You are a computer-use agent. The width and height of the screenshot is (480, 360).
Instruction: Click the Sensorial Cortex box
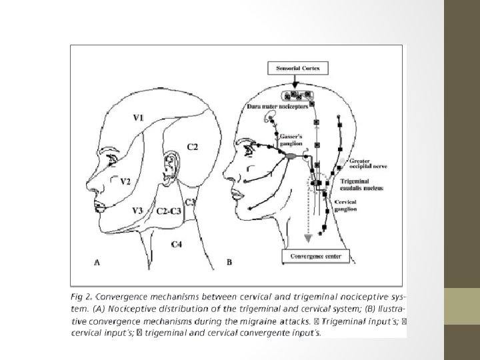pyautogui.click(x=294, y=67)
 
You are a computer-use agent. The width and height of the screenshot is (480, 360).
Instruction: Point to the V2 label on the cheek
pyautogui.click(x=125, y=181)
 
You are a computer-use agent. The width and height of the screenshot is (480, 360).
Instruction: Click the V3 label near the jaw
pyautogui.click(x=138, y=211)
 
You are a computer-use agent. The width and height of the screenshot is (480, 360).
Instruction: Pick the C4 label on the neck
pyautogui.click(x=177, y=245)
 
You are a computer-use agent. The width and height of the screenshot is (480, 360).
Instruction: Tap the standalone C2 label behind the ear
pyautogui.click(x=191, y=147)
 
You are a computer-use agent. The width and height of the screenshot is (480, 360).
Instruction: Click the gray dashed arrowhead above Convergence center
pyautogui.click(x=308, y=238)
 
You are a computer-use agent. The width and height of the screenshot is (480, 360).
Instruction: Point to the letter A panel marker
pyautogui.click(x=97, y=263)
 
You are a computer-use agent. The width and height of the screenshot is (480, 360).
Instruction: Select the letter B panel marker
pyautogui.click(x=229, y=263)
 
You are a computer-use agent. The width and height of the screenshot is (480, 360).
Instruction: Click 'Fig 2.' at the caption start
pyautogui.click(x=83, y=295)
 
